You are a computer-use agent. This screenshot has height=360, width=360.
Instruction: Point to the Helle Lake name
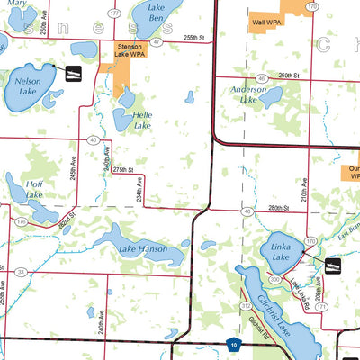click(x=143, y=119)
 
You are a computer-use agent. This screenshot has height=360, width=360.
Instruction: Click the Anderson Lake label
click(x=247, y=94)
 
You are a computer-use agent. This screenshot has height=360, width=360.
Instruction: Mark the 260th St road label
click(x=287, y=76)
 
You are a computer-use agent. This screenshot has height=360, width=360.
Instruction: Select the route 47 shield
click(x=157, y=41)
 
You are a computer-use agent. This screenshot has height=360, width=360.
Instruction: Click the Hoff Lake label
click(x=33, y=188)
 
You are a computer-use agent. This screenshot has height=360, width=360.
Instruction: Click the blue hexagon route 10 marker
click(x=233, y=343)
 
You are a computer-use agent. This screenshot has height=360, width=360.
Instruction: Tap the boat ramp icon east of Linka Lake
click(x=333, y=265)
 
